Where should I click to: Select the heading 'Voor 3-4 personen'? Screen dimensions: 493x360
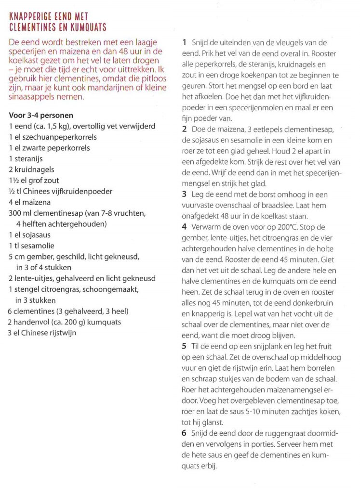tap(40, 116)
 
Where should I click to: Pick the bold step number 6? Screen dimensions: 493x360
tap(185, 433)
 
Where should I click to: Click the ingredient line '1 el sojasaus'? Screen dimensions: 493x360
tap(29, 235)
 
